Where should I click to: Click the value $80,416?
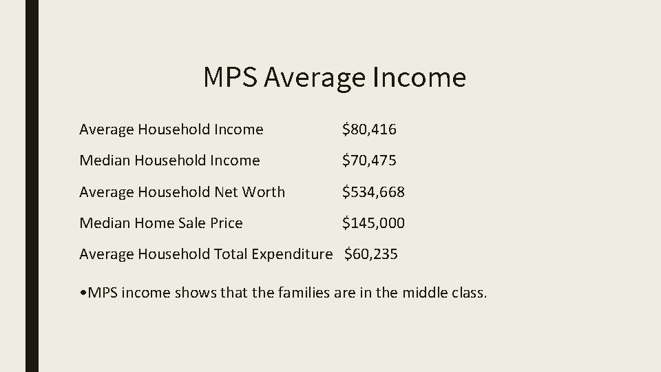(370, 130)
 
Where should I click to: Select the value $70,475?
(370, 161)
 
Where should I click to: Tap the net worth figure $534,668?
(374, 192)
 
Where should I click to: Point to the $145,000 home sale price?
(374, 223)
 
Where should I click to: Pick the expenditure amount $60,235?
(370, 254)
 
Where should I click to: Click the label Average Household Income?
(171, 130)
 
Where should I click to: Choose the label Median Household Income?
(169, 161)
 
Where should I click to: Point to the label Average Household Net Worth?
(182, 192)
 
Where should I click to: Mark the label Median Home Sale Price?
(161, 223)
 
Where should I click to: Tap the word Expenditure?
(292, 255)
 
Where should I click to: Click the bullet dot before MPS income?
(83, 293)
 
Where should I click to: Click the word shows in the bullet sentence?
(193, 293)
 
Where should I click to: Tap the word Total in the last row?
(231, 254)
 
